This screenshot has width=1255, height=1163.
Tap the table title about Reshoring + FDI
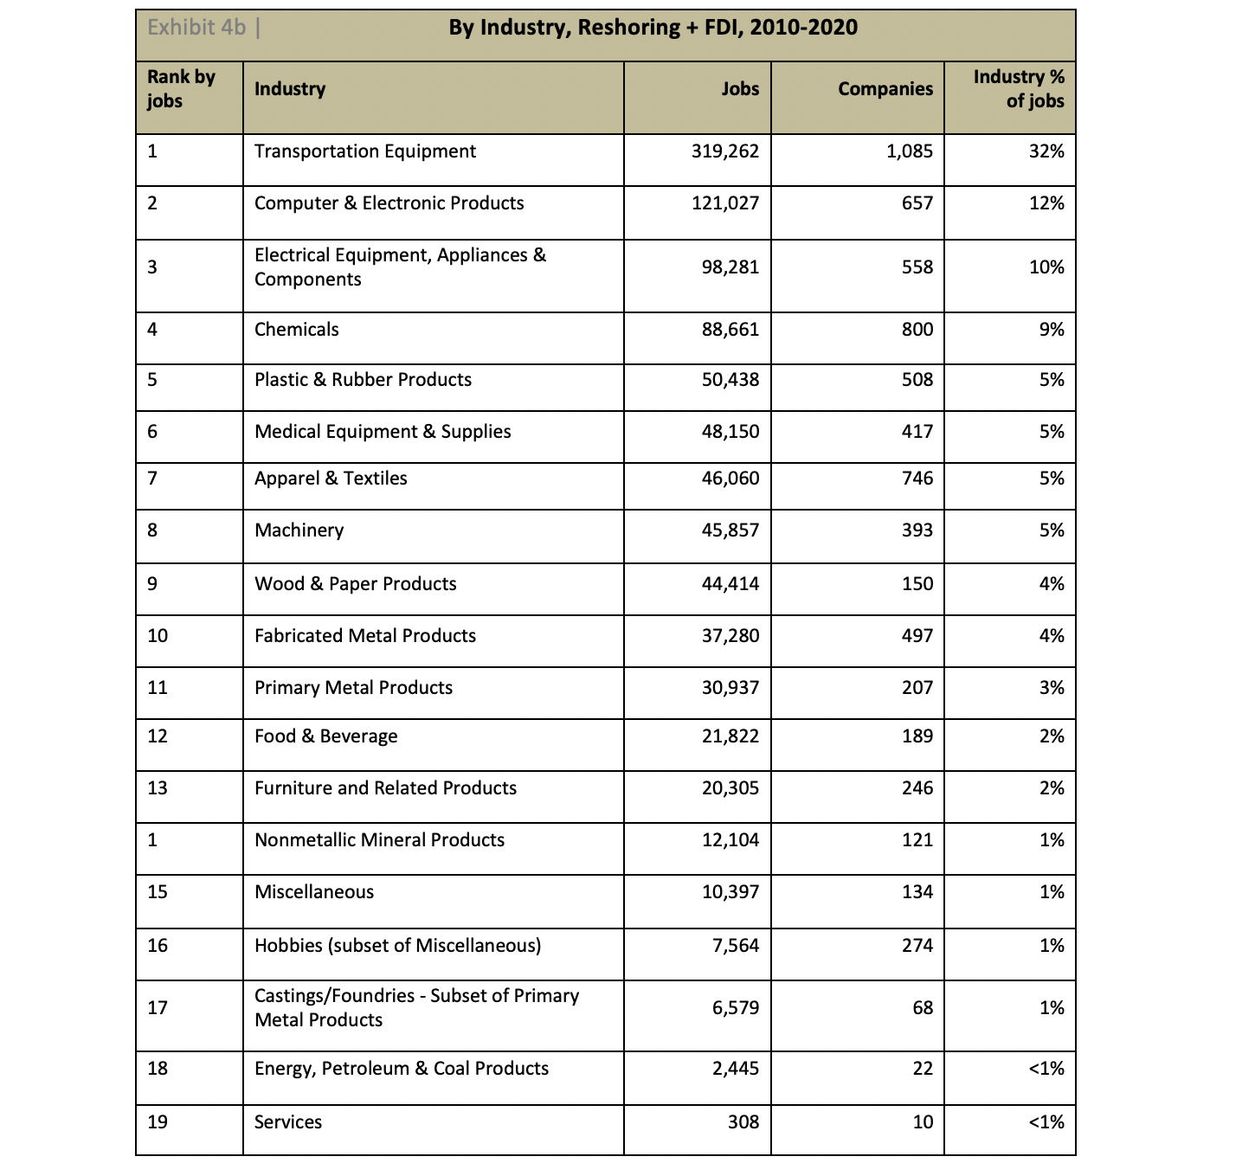[653, 28]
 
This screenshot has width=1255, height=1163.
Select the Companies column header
[885, 89]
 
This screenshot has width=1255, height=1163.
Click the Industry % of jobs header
[1019, 89]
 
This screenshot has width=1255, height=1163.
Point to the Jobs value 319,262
[724, 151]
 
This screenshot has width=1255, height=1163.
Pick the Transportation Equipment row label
[364, 151]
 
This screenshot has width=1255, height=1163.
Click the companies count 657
[917, 203]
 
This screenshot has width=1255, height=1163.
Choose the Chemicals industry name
[296, 330]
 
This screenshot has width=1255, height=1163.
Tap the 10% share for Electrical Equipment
[1046, 267]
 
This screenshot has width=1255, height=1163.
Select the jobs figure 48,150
[730, 432]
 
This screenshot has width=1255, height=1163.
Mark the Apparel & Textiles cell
[331, 479]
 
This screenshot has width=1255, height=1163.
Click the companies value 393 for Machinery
[917, 530]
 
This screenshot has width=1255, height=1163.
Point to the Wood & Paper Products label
[355, 584]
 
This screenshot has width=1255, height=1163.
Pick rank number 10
[158, 636]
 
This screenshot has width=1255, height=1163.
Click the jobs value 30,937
[730, 688]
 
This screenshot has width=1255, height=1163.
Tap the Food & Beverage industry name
[325, 736]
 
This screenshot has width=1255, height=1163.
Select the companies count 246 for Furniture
[917, 788]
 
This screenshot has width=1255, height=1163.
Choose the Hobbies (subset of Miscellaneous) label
[397, 946]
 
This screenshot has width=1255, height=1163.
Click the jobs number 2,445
[735, 1069]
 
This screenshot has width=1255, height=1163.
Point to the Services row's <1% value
[1046, 1122]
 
